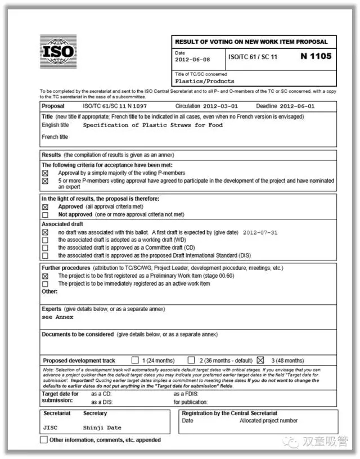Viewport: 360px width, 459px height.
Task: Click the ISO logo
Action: click(58, 52)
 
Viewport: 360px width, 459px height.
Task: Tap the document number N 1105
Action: click(316, 56)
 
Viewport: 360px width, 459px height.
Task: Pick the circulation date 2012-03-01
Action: click(222, 106)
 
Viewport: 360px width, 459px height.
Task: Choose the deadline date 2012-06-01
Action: click(297, 106)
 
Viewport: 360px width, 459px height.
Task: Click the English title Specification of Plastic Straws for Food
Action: click(153, 125)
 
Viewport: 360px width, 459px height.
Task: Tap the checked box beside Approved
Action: click(46, 207)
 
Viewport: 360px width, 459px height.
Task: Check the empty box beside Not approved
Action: click(46, 215)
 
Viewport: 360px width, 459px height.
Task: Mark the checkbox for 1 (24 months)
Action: click(135, 360)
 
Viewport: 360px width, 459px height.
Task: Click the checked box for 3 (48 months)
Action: click(260, 360)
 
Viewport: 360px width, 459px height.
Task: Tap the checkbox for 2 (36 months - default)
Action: click(191, 360)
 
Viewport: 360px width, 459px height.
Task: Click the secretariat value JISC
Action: click(50, 427)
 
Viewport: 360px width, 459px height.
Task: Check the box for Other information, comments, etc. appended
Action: click(44, 440)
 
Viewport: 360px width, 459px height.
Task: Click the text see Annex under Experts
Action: click(57, 317)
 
